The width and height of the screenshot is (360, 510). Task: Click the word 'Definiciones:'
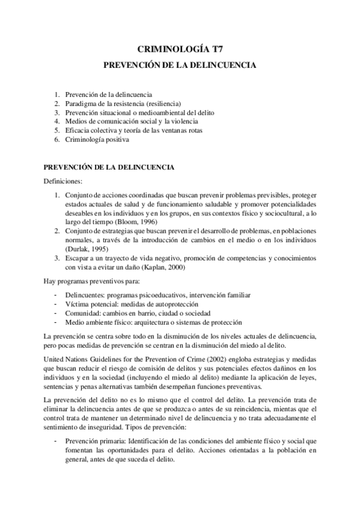pos(64,181)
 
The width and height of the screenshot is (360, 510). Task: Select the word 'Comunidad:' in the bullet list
pos(84,313)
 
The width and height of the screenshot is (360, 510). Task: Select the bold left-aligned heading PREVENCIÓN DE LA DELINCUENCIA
pos(109,167)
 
